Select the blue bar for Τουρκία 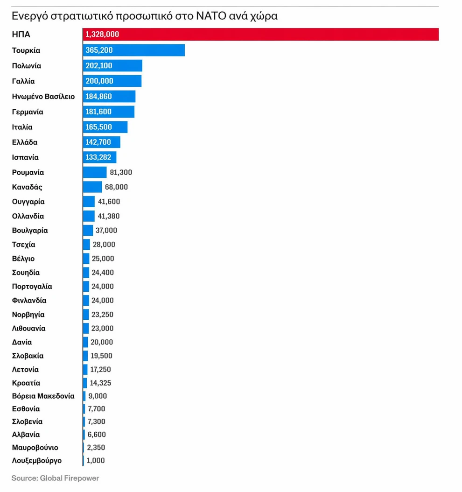[134, 50]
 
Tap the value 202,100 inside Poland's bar [99, 66]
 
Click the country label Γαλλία [23, 81]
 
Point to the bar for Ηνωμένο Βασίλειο [109, 97]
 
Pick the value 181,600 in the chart [98, 112]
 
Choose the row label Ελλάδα [25, 142]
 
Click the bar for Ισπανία [99, 157]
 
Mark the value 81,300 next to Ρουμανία [121, 173]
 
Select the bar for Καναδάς [92, 187]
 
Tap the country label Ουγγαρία [28, 202]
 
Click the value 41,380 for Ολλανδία [109, 216]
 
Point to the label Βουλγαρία [30, 230]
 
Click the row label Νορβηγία [28, 315]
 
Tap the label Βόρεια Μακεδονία [43, 396]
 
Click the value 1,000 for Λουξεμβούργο [96, 461]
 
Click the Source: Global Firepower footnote [55, 478]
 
